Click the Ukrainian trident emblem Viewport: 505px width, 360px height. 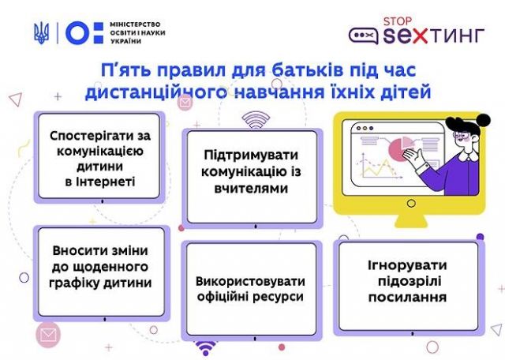pos(42,33)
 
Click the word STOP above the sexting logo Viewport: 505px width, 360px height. pos(398,21)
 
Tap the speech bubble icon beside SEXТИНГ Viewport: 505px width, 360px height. pos(363,36)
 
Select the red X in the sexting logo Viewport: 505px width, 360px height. pos(417,36)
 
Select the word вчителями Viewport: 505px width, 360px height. pos(251,188)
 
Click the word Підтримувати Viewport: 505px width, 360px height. pos(251,156)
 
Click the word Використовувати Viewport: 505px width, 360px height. pos(250,281)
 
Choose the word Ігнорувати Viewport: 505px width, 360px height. pos(407,265)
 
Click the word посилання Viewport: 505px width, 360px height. pos(407,297)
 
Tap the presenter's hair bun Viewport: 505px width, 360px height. pos(483,120)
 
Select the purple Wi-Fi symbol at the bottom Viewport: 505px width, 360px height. pos(205,348)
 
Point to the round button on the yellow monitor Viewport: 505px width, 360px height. pos(411,204)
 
